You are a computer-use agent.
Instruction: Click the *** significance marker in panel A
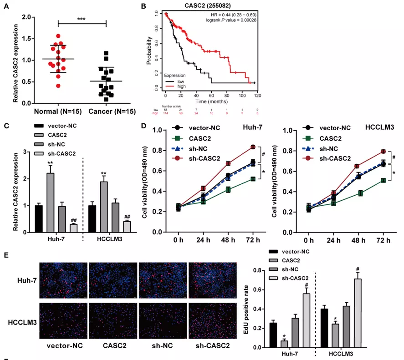pyautogui.click(x=82, y=19)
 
